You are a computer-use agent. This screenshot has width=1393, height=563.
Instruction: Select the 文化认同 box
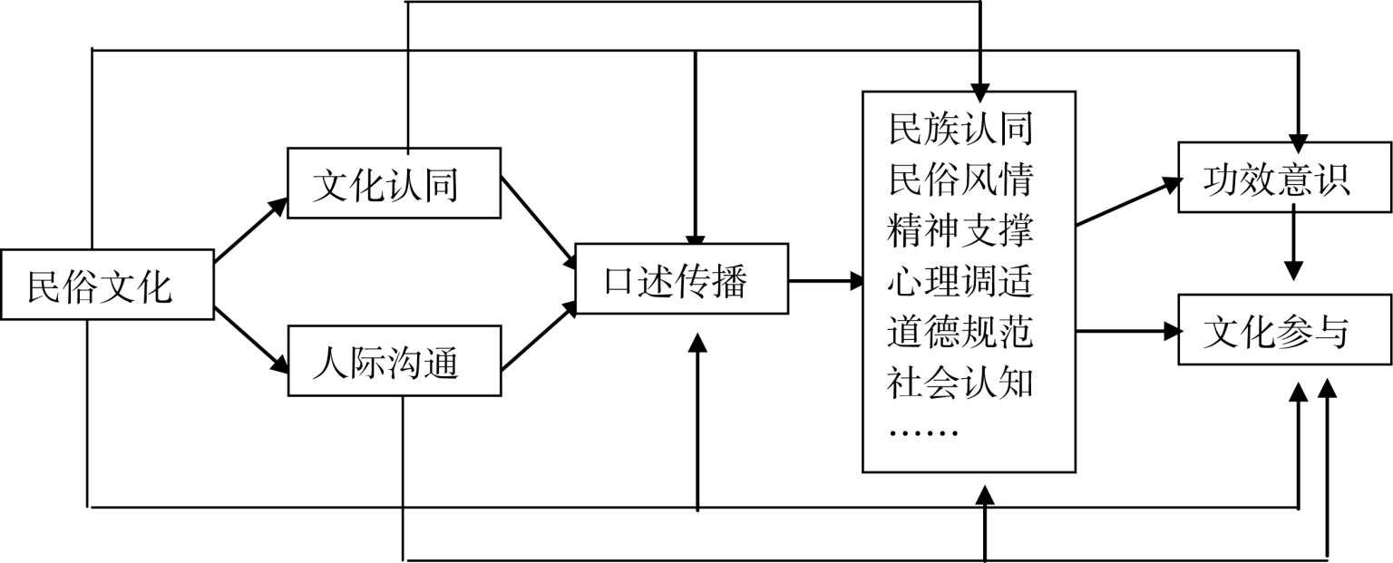coord(394,183)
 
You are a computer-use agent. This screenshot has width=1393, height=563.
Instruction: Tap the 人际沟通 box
coord(394,361)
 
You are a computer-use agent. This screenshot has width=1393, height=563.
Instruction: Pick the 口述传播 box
coord(681,279)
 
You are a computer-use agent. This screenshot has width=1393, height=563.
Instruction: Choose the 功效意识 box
coord(1284,178)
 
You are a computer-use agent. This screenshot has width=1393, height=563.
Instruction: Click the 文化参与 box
coord(1284,330)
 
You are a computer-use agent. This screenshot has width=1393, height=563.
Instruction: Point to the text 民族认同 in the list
coord(960,129)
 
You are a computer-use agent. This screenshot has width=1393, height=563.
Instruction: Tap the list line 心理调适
coord(960,282)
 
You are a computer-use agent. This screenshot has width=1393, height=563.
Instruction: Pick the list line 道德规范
coord(960,333)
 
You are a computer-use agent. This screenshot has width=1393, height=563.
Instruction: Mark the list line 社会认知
coord(960,383)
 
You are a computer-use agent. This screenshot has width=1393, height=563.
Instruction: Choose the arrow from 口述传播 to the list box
coord(825,281)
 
